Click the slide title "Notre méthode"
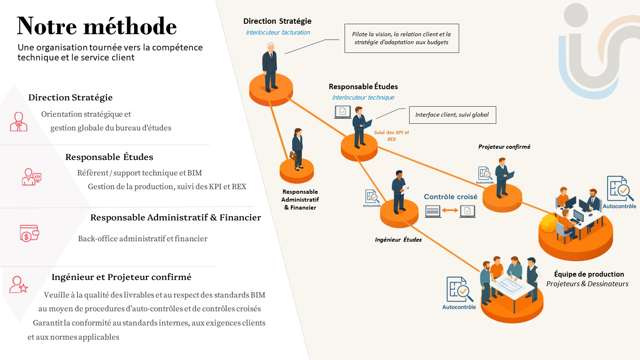pyautogui.click(x=97, y=26)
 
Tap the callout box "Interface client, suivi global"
pyautogui.click(x=452, y=115)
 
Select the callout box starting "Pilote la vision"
pyautogui.click(x=401, y=38)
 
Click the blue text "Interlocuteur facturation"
pyautogui.click(x=278, y=32)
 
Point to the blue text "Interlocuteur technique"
pyautogui.click(x=363, y=97)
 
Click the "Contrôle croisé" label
pyautogui.click(x=450, y=197)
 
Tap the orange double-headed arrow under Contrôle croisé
pyautogui.click(x=450, y=210)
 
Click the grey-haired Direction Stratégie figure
pyautogui.click(x=270, y=67)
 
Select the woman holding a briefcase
pyautogui.click(x=297, y=149)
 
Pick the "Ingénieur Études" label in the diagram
pyautogui.click(x=398, y=240)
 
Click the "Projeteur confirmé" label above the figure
pyautogui.click(x=504, y=147)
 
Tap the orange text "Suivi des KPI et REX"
pyautogui.click(x=391, y=136)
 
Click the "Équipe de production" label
pyautogui.click(x=589, y=274)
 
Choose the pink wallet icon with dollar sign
pyautogui.click(x=29, y=233)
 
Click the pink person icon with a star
pyautogui.click(x=19, y=285)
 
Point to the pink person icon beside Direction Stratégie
pyautogui.click(x=19, y=122)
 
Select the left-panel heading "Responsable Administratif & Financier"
pyautogui.click(x=175, y=217)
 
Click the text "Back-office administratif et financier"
pyautogui.click(x=142, y=239)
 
